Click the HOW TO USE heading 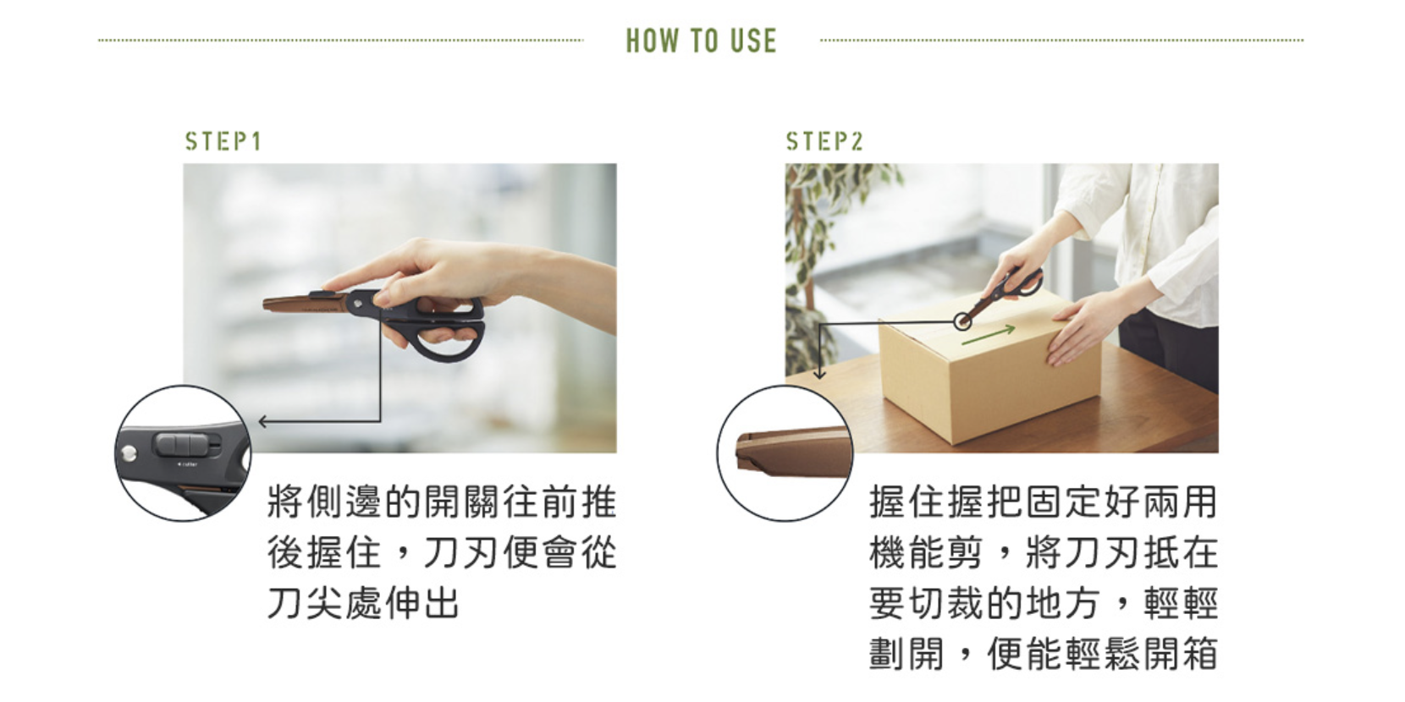click(x=702, y=41)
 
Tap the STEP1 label click(x=223, y=141)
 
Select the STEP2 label click(x=825, y=141)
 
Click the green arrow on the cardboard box click(x=989, y=335)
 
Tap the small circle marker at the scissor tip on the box click(x=963, y=322)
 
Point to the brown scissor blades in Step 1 click(x=306, y=304)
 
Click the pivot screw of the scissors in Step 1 click(x=357, y=304)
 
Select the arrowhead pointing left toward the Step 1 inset click(x=263, y=421)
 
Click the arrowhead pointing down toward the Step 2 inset click(x=819, y=374)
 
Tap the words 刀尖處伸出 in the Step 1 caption click(x=364, y=602)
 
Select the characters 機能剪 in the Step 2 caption click(x=926, y=552)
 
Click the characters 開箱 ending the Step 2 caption click(x=1180, y=652)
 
